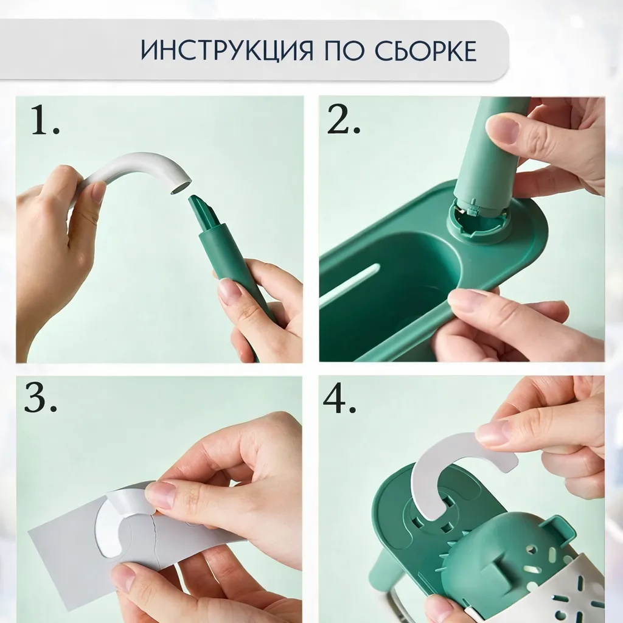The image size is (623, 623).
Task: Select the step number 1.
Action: coord(45,122)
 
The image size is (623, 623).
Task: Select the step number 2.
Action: coord(343,122)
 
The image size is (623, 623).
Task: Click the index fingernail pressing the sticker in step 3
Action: coord(160,495)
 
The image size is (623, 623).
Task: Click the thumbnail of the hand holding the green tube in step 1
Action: coord(230,291)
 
